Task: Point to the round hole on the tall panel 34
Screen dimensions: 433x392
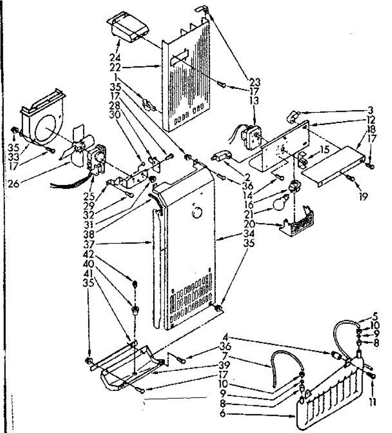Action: [197, 212]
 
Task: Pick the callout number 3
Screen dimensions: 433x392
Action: [370, 109]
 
